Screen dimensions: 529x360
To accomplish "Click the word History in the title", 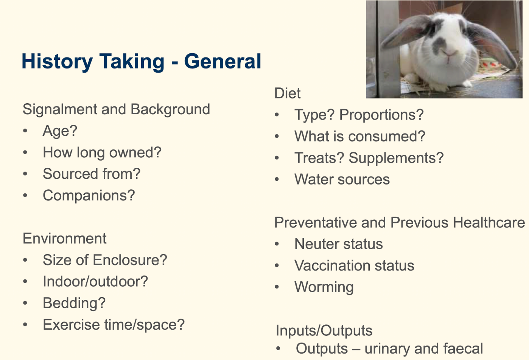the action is click(57, 62).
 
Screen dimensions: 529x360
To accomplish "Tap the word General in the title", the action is click(223, 61).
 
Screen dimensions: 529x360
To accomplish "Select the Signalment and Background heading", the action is click(116, 109).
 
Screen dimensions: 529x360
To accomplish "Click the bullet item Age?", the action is click(60, 131).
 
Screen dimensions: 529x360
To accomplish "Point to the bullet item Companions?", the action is click(89, 196).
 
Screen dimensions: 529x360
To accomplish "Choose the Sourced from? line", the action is click(92, 174).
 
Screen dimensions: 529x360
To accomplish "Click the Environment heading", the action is click(64, 239).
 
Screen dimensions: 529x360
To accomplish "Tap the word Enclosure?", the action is click(130, 260).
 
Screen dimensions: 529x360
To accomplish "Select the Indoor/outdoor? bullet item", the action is click(95, 281).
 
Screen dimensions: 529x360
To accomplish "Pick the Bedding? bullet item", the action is click(74, 303).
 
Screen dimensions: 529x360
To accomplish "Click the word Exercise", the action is click(71, 324).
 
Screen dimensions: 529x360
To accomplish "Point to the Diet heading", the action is click(288, 93).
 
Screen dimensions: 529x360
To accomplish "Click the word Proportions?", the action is click(381, 115).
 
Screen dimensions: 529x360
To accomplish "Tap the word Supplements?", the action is click(396, 158).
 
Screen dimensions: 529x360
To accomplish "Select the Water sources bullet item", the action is click(342, 179).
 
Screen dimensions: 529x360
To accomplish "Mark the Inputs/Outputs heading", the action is click(324, 330).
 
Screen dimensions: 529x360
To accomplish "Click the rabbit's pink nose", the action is click(449, 53).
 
